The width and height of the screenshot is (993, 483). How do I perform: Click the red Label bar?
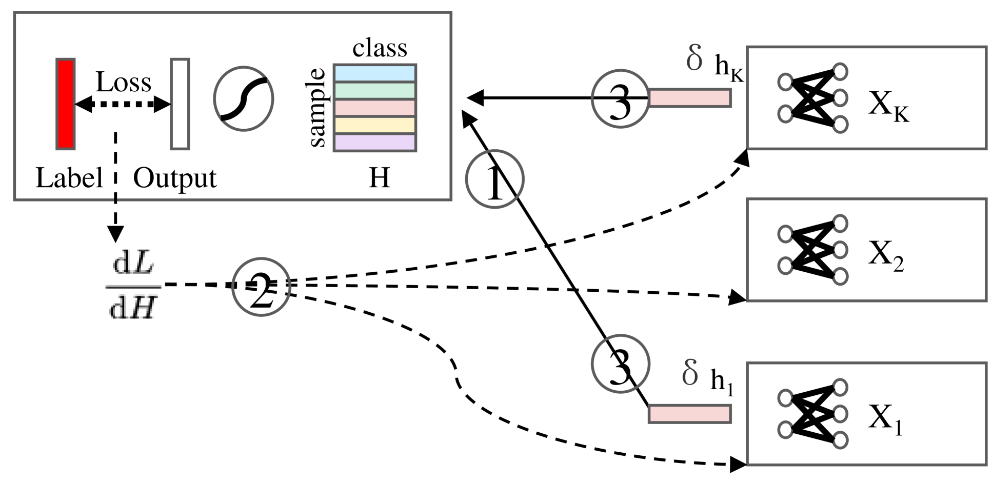[66, 104]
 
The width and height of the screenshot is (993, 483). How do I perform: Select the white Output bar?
[180, 104]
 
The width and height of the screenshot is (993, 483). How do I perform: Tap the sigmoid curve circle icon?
[244, 98]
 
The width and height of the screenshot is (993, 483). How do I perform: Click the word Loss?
[124, 82]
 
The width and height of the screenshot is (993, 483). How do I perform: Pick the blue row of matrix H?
[375, 73]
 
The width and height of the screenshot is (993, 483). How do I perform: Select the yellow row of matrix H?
[375, 125]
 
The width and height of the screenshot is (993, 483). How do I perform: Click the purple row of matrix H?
[375, 143]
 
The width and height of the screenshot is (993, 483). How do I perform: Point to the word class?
[380, 49]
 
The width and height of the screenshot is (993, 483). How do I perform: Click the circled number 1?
[494, 179]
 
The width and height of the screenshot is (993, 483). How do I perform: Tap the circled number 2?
[262, 287]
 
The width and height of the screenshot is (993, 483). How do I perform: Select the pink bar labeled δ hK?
[689, 97]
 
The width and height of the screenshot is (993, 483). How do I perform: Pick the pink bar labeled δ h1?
[689, 413]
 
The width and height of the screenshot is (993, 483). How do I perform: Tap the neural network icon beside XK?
[812, 98]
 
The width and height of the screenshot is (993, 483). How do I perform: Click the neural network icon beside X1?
[812, 414]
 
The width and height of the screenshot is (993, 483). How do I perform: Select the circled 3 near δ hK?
[620, 98]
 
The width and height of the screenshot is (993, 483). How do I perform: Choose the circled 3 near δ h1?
[620, 364]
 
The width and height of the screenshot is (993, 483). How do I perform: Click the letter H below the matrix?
[380, 178]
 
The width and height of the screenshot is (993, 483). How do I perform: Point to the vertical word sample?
[318, 108]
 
